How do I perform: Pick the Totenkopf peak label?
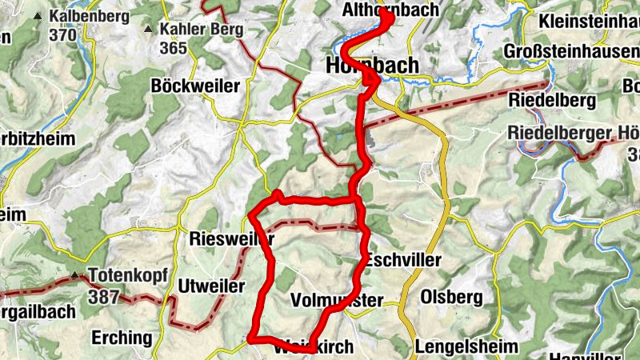click(x=128, y=276)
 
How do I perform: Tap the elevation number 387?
click(x=103, y=297)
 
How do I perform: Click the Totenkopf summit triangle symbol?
click(x=77, y=276)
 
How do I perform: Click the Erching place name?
click(x=121, y=337)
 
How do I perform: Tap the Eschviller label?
click(x=403, y=261)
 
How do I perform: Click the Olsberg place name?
click(x=450, y=298)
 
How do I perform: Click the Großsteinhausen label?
click(x=571, y=51)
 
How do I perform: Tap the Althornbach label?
click(x=390, y=10)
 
